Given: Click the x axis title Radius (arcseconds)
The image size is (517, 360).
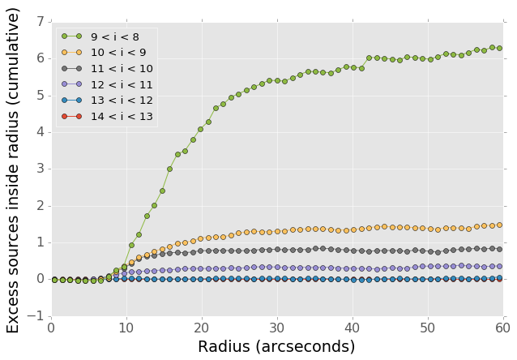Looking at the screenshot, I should (276, 347).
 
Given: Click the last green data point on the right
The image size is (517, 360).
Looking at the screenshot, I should (499, 48).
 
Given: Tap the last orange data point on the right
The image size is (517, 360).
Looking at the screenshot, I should (499, 225).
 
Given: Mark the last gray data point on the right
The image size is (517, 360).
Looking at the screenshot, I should (499, 249).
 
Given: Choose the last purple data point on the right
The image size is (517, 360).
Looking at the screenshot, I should (499, 266).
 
